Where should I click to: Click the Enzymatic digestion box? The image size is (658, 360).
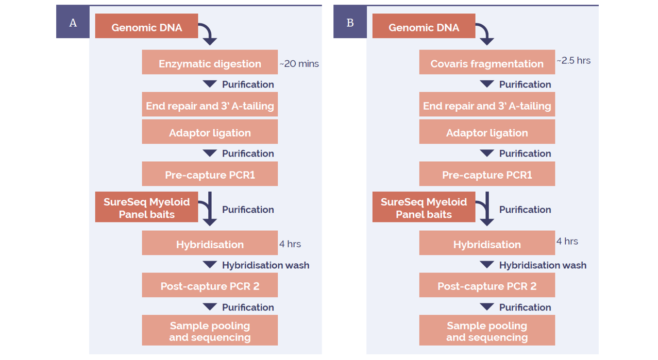[x=210, y=62]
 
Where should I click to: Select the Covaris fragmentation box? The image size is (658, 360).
[x=487, y=62]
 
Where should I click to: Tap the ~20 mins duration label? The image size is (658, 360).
[x=299, y=64]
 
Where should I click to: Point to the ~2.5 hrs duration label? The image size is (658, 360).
[x=573, y=60]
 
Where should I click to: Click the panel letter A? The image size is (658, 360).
[x=73, y=23]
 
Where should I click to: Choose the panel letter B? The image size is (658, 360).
[x=350, y=23]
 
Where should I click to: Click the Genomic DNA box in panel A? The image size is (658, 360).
[x=146, y=26]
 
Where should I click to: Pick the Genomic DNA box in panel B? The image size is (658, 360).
[x=424, y=26]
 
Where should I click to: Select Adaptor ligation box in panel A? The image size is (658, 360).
[x=210, y=131]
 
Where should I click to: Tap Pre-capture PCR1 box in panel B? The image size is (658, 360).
[x=487, y=174]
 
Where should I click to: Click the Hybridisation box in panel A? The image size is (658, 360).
[x=210, y=243]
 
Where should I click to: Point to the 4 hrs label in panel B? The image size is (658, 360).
[x=567, y=242]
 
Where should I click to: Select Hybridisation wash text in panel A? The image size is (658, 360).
[x=265, y=265]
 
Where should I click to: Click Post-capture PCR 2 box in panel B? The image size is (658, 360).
[x=487, y=285]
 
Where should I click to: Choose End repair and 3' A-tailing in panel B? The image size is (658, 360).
[x=487, y=104]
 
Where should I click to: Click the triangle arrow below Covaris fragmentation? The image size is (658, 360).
[x=487, y=84]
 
